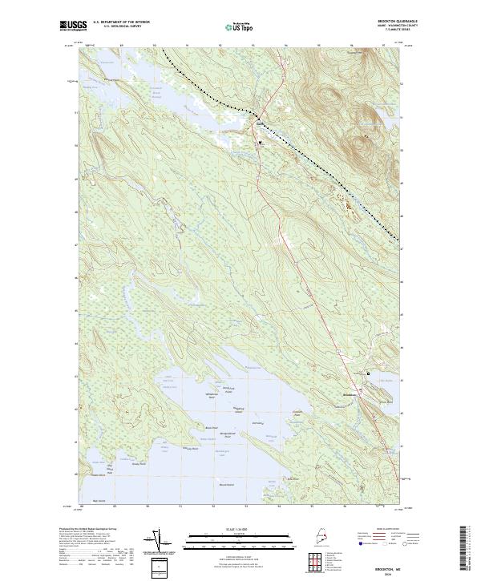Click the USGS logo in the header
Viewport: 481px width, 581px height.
[73, 26]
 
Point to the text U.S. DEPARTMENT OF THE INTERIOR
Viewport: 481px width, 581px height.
[123, 23]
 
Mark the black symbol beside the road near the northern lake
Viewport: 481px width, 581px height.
[261, 143]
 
